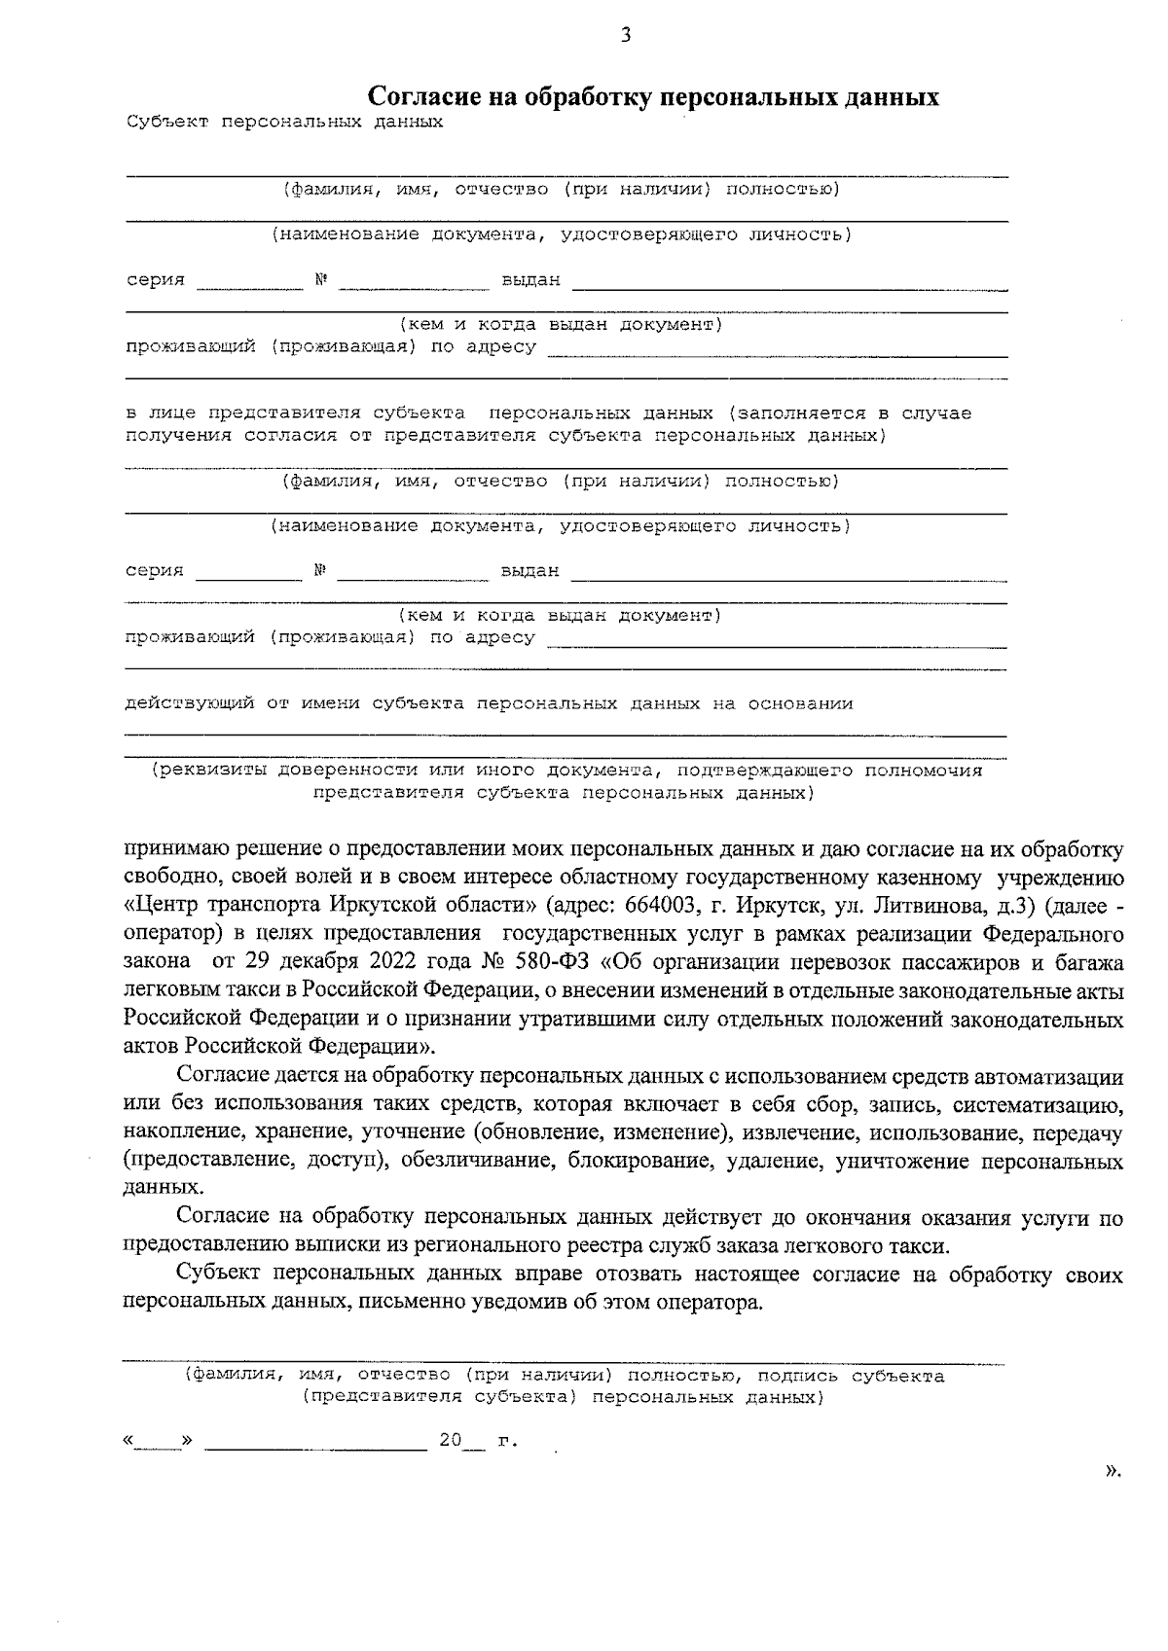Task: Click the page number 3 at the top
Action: click(x=625, y=36)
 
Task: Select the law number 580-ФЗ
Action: click(x=544, y=963)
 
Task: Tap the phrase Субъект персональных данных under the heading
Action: click(x=284, y=123)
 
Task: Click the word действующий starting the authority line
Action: click(x=191, y=703)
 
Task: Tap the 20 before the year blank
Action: click(x=450, y=1441)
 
